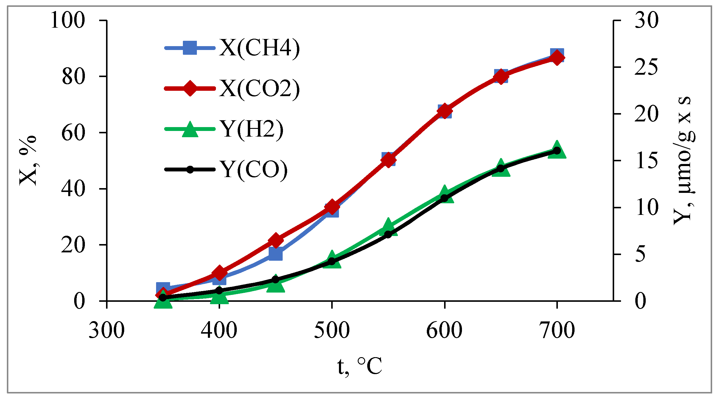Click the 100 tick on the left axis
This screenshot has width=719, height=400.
click(x=68, y=20)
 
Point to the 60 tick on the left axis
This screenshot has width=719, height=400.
click(x=73, y=133)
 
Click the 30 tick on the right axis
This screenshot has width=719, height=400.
click(x=646, y=20)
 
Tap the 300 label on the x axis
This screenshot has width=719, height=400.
click(x=106, y=331)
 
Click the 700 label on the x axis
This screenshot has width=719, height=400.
click(x=557, y=331)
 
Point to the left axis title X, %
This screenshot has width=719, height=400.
click(x=28, y=161)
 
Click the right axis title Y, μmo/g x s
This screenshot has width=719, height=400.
click(x=684, y=161)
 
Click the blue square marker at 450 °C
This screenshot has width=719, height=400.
click(x=276, y=253)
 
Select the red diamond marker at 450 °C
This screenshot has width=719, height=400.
click(x=276, y=240)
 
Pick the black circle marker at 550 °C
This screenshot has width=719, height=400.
click(x=388, y=235)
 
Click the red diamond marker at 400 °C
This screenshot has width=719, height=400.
click(x=220, y=273)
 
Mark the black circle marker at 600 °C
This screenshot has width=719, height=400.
click(x=444, y=198)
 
